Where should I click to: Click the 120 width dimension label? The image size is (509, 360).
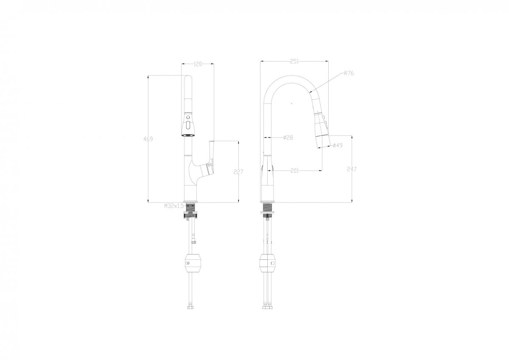198,64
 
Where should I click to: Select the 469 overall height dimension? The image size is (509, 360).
148,139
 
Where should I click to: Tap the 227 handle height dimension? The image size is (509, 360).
238,172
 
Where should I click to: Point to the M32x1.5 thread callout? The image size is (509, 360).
174,206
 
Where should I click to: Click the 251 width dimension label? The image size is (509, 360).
294,62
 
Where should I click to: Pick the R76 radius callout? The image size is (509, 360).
349,73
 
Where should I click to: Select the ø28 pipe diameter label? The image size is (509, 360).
288,138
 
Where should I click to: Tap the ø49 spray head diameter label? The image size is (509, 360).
338,145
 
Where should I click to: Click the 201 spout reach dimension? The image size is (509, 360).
295,171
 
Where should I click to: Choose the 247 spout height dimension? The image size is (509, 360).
352,169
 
